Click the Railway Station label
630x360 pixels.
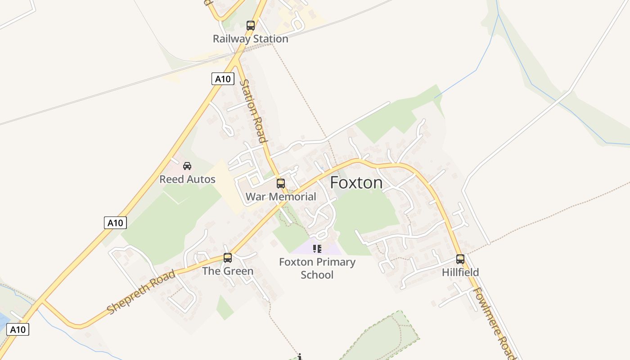point(250,39)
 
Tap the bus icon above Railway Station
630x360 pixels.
point(251,26)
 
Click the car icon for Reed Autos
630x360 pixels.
point(187,166)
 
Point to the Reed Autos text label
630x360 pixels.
point(187,179)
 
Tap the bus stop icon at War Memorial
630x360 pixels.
point(281,184)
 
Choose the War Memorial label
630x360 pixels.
point(281,197)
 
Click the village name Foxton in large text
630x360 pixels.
point(356,183)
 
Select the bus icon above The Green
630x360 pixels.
point(228,258)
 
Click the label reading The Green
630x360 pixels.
point(228,271)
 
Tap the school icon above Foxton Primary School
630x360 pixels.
point(317,248)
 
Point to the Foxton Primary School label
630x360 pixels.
point(317,268)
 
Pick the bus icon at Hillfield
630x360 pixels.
point(460,259)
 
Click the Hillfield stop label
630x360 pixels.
point(460,272)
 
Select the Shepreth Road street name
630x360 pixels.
point(141,292)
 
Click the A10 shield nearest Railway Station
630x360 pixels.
point(223,79)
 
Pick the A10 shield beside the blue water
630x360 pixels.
point(18,329)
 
